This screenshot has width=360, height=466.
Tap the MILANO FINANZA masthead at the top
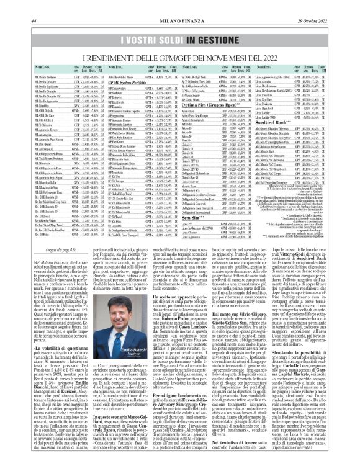pyautogui.click(x=181, y=6)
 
